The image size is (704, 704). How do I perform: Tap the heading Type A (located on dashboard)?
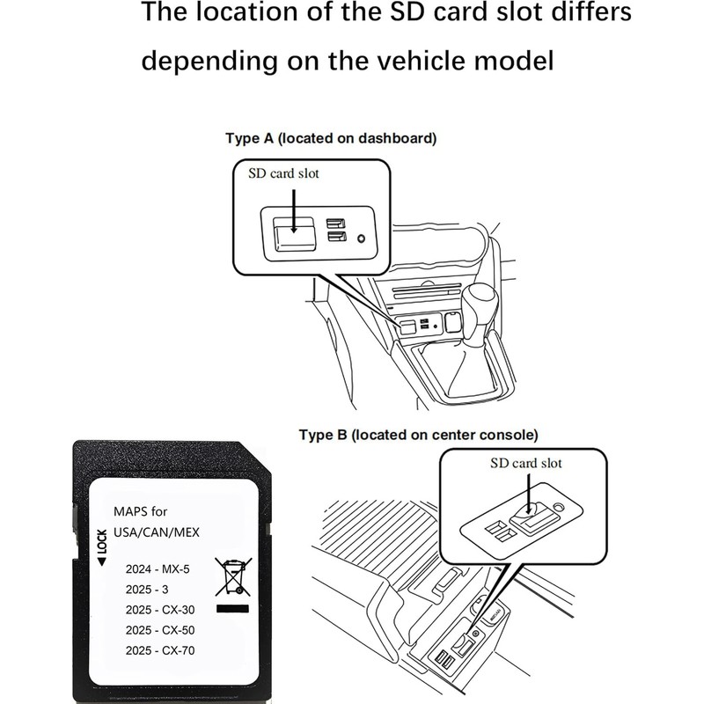[x=331, y=138]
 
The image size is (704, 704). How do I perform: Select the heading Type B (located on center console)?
[x=418, y=435]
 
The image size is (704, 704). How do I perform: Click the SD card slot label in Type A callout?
[x=283, y=173]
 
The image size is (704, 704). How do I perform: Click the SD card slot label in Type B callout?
[x=526, y=463]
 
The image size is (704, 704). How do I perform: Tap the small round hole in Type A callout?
[x=361, y=238]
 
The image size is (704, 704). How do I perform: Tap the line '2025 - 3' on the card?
[x=145, y=589]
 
